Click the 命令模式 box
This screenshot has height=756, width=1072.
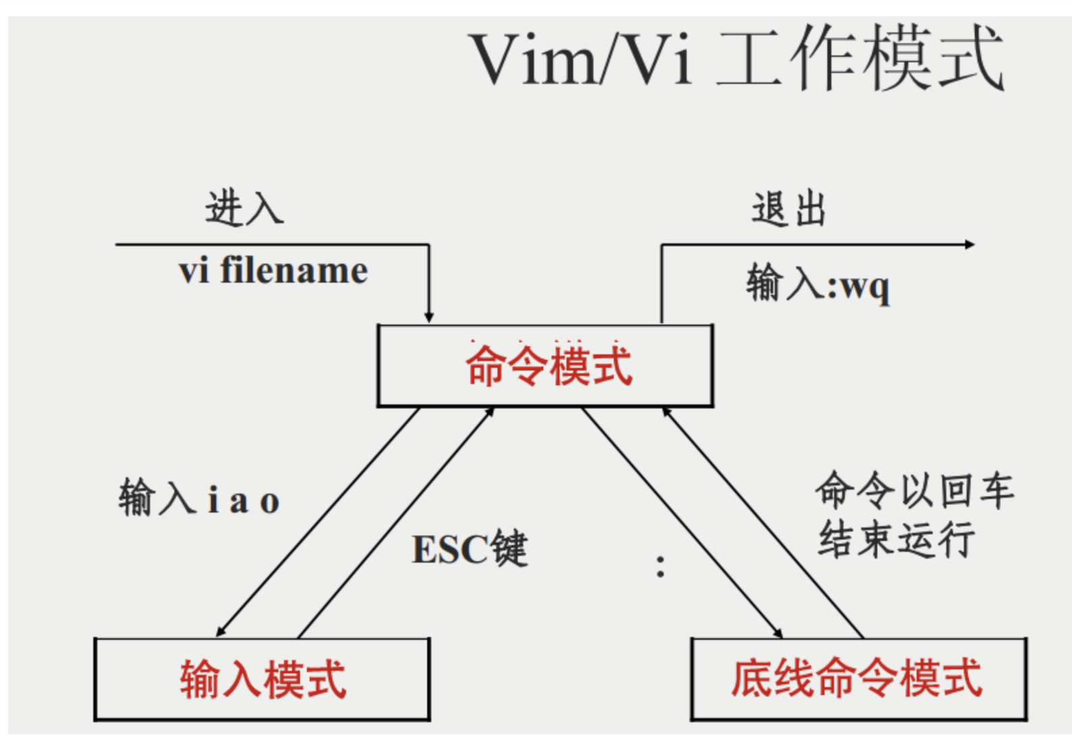click(545, 366)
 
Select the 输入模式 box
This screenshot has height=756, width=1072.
click(262, 679)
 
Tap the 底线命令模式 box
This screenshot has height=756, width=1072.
click(858, 678)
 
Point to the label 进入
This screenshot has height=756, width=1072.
click(244, 208)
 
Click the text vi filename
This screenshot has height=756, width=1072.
click(273, 271)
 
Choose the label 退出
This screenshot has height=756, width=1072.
click(789, 209)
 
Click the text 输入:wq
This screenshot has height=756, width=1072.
click(817, 284)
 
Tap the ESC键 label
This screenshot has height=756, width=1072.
click(470, 548)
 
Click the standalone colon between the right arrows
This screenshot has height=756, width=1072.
click(660, 567)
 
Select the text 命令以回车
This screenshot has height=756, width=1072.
click(914, 490)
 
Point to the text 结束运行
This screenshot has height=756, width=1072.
click(896, 540)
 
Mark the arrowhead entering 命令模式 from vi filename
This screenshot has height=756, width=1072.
click(429, 318)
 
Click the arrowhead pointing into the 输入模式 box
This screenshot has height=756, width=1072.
click(220, 632)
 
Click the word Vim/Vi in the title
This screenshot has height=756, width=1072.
click(581, 60)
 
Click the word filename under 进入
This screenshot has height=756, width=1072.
click(294, 271)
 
